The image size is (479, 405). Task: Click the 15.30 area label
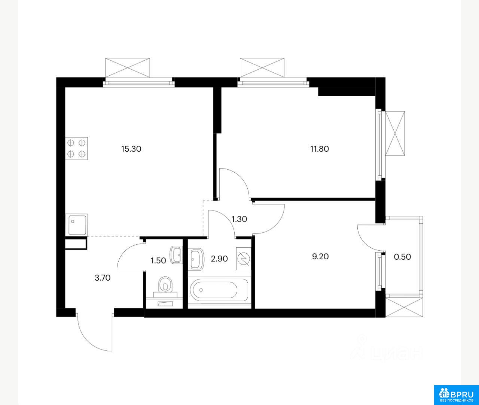(131, 149)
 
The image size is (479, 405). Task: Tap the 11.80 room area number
(320, 149)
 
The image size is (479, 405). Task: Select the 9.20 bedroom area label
(320, 257)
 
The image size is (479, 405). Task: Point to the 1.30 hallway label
(239, 219)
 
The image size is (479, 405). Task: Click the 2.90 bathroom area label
(219, 259)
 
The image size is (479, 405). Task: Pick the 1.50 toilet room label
(158, 261)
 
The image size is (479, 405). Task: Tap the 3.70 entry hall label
(103, 278)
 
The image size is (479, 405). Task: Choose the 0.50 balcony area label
(402, 257)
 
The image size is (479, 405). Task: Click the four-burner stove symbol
(76, 148)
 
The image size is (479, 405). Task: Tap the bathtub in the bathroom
(220, 291)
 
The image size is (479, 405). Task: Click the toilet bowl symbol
(165, 285)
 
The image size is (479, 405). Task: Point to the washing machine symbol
(244, 259)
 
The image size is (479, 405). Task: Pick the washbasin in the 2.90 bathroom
(196, 259)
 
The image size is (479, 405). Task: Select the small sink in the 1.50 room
(176, 255)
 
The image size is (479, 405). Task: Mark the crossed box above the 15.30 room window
(127, 67)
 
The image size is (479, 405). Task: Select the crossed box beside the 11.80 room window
(395, 134)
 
